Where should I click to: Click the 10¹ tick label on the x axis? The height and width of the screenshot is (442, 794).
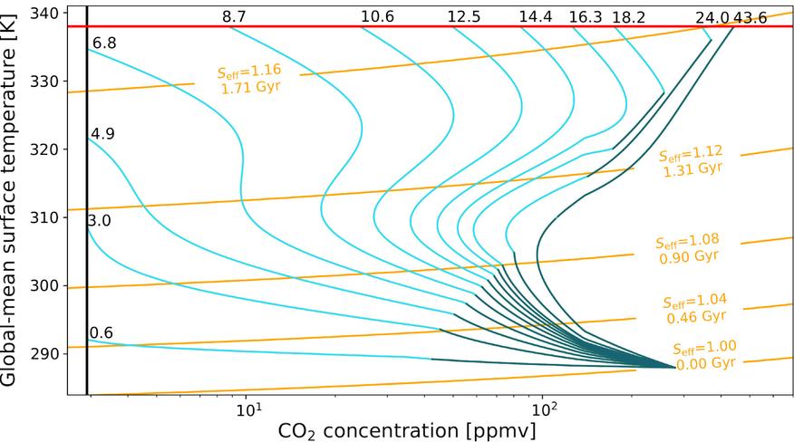247,409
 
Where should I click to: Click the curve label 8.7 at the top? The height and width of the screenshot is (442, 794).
234,16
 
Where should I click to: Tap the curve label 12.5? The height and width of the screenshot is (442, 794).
464,16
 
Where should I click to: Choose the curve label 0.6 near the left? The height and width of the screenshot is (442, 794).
102,332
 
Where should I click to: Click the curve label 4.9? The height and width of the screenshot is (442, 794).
102,134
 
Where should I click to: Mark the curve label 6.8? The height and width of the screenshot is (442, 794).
105,43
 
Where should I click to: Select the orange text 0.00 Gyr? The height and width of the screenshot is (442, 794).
703,362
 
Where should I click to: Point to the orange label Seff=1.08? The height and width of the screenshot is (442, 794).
686,242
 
